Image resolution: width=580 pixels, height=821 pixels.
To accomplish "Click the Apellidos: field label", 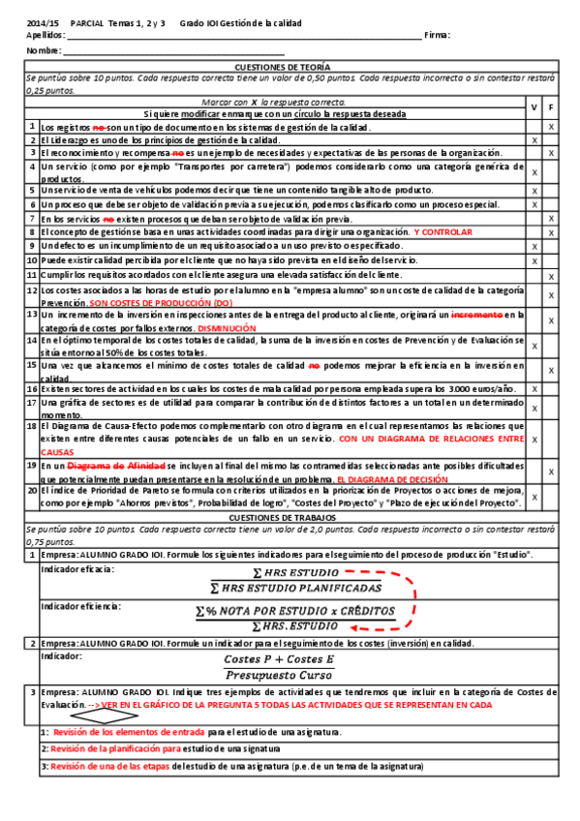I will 45,35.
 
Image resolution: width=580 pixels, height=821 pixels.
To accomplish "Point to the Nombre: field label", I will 44,50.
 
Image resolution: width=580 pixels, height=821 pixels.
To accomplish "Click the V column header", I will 534,106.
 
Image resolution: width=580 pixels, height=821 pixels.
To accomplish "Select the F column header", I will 551,106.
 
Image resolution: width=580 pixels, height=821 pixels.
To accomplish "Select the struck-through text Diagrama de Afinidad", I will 106,466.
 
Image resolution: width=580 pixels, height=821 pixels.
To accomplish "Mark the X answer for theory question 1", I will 551,127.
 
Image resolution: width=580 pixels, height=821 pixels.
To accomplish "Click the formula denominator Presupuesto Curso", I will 279,676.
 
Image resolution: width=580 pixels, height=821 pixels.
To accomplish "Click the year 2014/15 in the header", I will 44,21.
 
